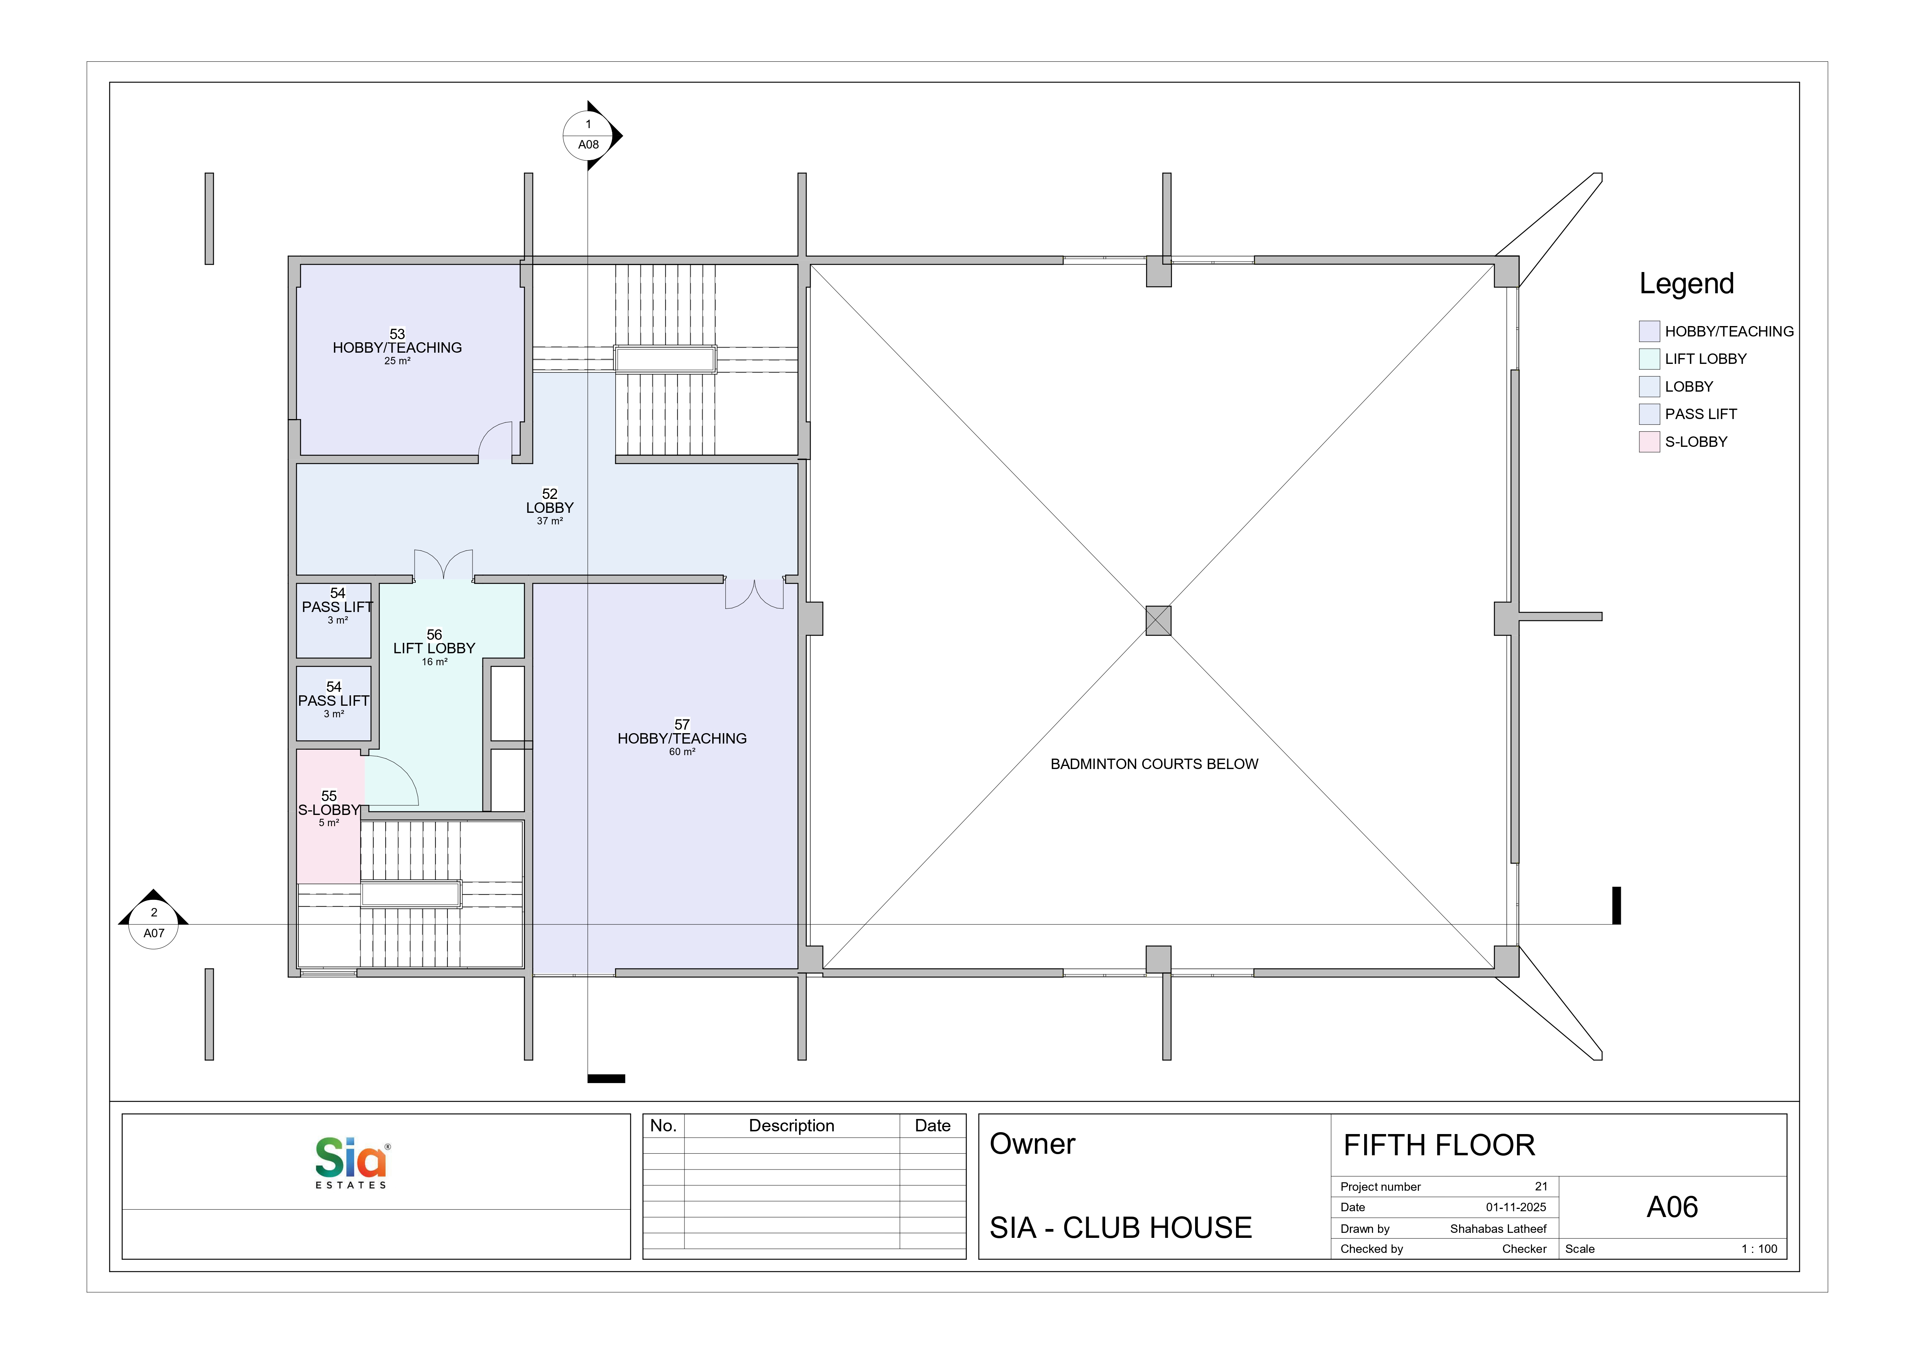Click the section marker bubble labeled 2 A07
pyautogui.click(x=154, y=923)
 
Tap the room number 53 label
pyautogui.click(x=397, y=333)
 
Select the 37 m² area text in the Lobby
pyautogui.click(x=550, y=521)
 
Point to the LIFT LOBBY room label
pyautogui.click(x=435, y=648)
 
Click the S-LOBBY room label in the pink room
pyautogui.click(x=328, y=810)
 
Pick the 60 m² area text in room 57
pyautogui.click(x=682, y=752)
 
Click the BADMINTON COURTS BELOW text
pyautogui.click(x=1154, y=764)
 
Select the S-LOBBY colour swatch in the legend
pyautogui.click(x=1649, y=442)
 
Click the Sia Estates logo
pyautogui.click(x=351, y=1163)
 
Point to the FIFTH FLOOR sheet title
pyautogui.click(x=1439, y=1146)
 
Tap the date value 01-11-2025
pyautogui.click(x=1515, y=1207)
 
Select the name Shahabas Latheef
pyautogui.click(x=1498, y=1229)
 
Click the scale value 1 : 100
pyautogui.click(x=1759, y=1249)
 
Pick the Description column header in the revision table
pyautogui.click(x=792, y=1126)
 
